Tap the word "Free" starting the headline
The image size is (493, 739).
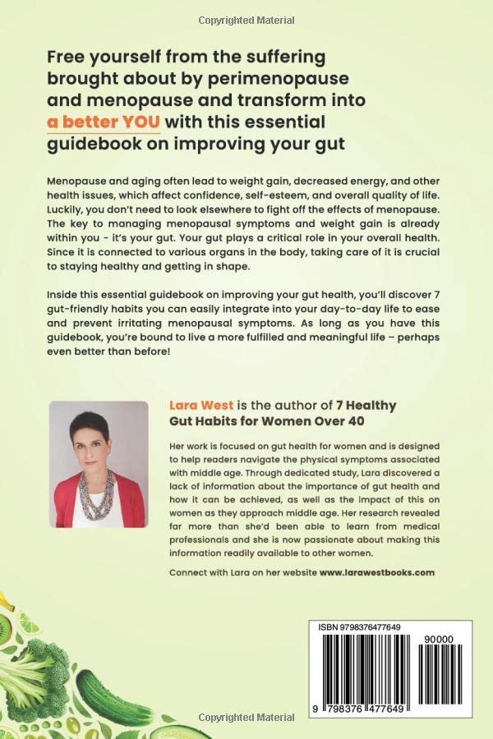pos(67,57)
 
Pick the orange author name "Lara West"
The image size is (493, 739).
pos(198,406)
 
